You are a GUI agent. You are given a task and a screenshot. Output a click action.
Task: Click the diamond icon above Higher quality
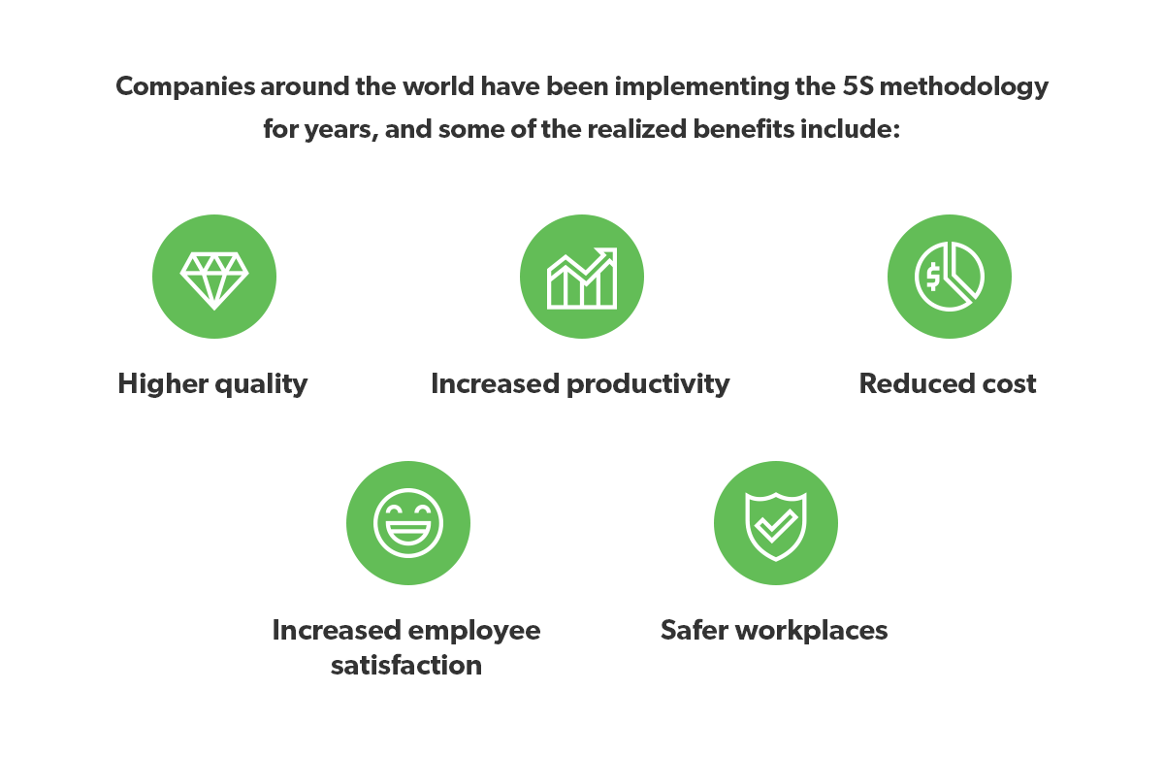(214, 280)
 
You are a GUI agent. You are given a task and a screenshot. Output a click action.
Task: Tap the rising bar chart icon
(582, 279)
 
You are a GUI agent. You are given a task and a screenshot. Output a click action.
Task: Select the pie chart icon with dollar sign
(949, 276)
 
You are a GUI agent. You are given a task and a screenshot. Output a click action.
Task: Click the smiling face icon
(408, 523)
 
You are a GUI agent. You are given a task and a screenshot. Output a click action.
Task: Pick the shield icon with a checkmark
(775, 526)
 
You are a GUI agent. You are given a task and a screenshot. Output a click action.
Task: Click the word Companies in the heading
(185, 87)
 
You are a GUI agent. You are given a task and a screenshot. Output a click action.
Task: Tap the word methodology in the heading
(964, 87)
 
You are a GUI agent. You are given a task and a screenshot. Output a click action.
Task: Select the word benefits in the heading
(744, 129)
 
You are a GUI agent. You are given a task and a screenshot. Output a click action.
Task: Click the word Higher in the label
(163, 384)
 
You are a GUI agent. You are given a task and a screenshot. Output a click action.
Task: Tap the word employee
(474, 632)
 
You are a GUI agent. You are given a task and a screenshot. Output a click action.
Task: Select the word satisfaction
(406, 666)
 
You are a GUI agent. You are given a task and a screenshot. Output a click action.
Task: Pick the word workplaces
(811, 632)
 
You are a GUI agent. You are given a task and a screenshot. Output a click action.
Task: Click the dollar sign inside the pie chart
(933, 277)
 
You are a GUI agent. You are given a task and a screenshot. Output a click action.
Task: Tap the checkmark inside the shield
(775, 525)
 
